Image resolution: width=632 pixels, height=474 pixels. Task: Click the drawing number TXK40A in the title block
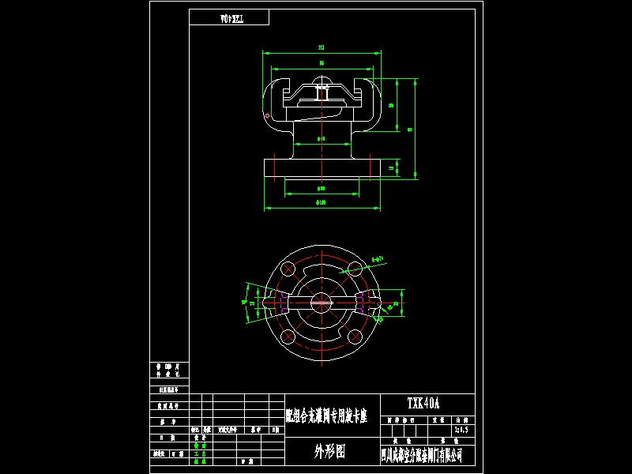[423, 404]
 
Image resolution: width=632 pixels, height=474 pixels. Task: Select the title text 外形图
[329, 451]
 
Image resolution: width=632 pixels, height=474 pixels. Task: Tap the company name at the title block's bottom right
[422, 456]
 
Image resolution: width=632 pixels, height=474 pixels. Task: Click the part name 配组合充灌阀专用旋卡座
[325, 417]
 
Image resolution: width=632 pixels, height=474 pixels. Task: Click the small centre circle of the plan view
[322, 301]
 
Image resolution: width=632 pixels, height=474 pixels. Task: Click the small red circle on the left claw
[269, 118]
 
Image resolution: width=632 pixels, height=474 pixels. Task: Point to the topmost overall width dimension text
[322, 47]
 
